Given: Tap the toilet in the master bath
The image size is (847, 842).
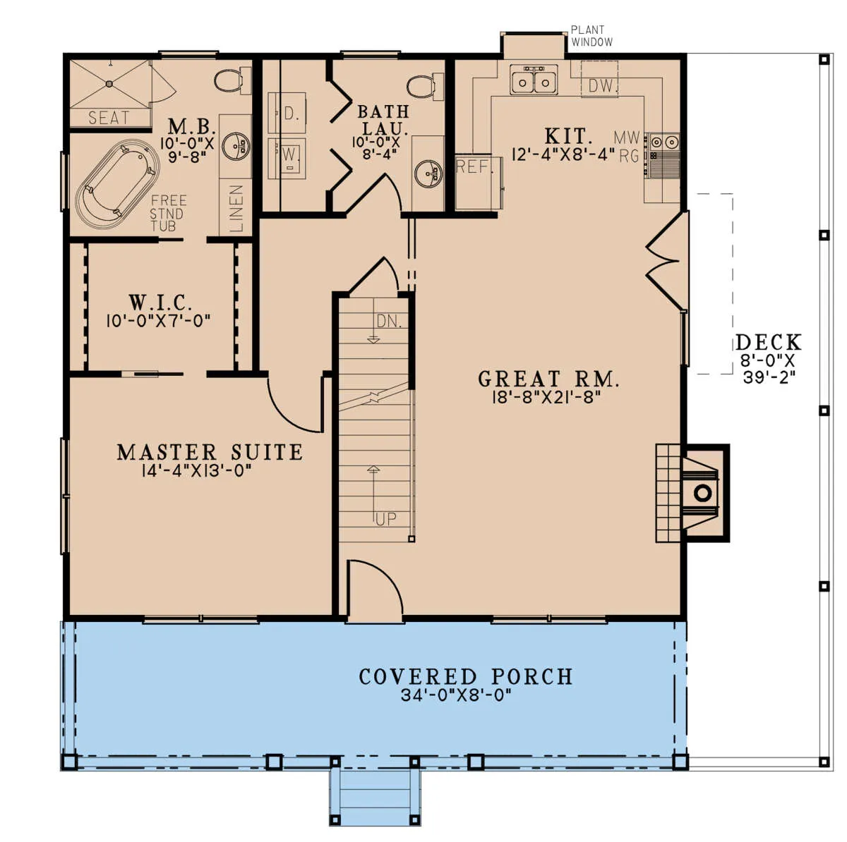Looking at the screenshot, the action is tap(232, 80).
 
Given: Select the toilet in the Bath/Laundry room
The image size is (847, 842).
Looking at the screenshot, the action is tap(425, 86).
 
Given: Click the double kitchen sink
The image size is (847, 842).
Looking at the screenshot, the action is tap(534, 80).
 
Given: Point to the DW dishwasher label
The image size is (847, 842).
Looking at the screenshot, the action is tap(601, 86).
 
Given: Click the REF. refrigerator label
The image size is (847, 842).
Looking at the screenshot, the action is tap(473, 166).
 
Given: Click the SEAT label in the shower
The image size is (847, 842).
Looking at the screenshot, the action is tap(109, 118).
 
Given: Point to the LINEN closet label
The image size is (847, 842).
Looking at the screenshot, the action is tap(236, 208).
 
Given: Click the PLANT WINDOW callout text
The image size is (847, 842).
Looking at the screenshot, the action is tap(591, 36).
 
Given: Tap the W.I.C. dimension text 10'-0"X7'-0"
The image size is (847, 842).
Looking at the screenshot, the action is tap(158, 321).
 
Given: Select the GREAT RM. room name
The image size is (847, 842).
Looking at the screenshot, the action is tap(548, 379).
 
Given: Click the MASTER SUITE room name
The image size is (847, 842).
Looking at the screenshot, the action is tap(210, 452).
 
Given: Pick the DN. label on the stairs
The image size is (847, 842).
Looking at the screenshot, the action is tap(389, 322).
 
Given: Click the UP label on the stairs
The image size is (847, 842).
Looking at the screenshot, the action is tap(385, 519).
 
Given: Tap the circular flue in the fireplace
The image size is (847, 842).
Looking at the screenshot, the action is tap(702, 493).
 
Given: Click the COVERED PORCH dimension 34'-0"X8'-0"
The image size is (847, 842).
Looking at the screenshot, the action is tap(456, 695).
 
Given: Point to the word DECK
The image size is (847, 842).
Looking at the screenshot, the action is tap(769, 342).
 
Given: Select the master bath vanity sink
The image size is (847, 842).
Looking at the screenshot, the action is tap(236, 146).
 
